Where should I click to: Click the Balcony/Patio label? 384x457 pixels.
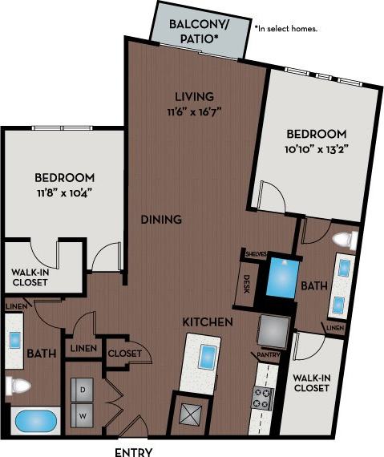(x=198, y=31)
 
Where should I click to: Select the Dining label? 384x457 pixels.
(x=160, y=219)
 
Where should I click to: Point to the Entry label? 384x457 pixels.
(x=134, y=451)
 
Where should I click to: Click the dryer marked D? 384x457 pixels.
(x=82, y=389)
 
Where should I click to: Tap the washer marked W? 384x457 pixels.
(x=82, y=415)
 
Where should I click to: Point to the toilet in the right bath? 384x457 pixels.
(x=345, y=239)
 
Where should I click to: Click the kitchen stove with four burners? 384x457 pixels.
(x=263, y=398)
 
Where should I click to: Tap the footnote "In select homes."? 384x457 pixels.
(x=286, y=28)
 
